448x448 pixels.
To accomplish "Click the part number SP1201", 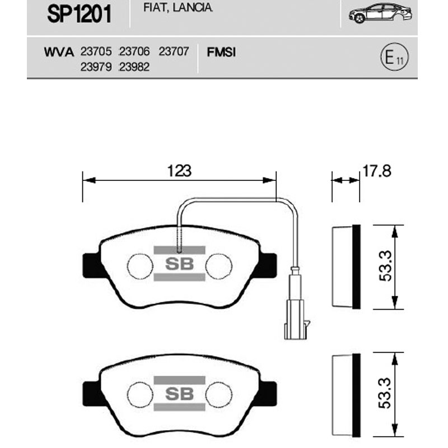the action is click(79, 15).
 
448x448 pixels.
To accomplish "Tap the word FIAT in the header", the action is click(153, 8).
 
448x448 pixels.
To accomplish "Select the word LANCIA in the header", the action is click(193, 7).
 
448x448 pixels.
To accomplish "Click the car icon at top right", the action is click(380, 13).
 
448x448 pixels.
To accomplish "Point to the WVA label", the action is click(59, 52).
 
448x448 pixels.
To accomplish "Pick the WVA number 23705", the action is click(96, 52).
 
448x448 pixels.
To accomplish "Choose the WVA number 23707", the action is click(174, 52).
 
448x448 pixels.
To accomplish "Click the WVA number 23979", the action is click(96, 67).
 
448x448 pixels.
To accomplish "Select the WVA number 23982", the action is click(134, 67).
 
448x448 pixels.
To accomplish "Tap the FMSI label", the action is click(221, 52).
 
